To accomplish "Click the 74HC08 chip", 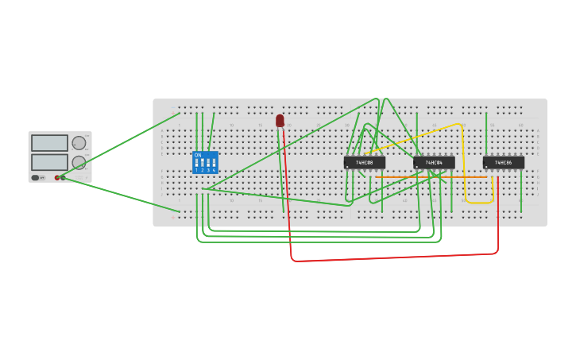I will click(x=364, y=162).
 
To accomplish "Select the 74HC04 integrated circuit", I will click(x=434, y=162).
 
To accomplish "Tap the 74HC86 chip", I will click(x=503, y=162).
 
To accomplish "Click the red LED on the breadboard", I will click(x=280, y=120).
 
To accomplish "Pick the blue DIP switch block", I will click(x=205, y=163).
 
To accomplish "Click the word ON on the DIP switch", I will click(x=198, y=155).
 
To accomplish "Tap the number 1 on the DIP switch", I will click(x=196, y=170).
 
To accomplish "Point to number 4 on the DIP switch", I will click(x=214, y=170).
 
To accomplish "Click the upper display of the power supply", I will click(x=49, y=143).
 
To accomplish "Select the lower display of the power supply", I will click(x=49, y=161).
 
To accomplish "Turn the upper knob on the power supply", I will click(x=79, y=143).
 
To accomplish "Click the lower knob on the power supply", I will click(x=79, y=162).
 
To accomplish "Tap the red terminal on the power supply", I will click(x=57, y=177).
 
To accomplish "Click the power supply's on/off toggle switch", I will click(x=36, y=177).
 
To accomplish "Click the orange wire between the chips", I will click(x=429, y=176).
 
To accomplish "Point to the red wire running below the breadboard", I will click(x=397, y=257).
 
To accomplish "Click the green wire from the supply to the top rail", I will click(x=119, y=146).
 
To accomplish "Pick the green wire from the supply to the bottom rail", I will click(x=119, y=195).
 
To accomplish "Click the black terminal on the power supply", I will click(x=63, y=177).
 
